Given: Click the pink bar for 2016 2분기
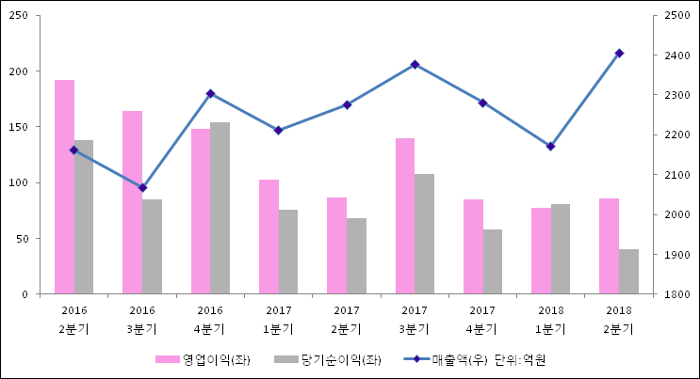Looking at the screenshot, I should pos(64,187).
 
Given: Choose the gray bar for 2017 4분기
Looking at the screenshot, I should pos(492,261).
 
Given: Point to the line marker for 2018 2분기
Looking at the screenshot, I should pos(619,53).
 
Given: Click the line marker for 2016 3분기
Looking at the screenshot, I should pos(142,187).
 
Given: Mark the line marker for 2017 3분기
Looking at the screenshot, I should pos(415,64).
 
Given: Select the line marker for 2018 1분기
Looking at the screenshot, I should pos(550,146).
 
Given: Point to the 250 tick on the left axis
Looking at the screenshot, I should pos(21,16).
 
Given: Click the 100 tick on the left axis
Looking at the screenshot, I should pos(21,182).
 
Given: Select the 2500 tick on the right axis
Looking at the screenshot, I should pos(677,16).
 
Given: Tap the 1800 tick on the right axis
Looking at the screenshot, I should pos(677,294).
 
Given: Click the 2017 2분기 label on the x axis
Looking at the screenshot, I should pos(346,319).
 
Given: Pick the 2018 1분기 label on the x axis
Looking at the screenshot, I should pos(550,319).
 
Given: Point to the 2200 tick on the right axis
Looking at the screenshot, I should pos(677,135).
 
